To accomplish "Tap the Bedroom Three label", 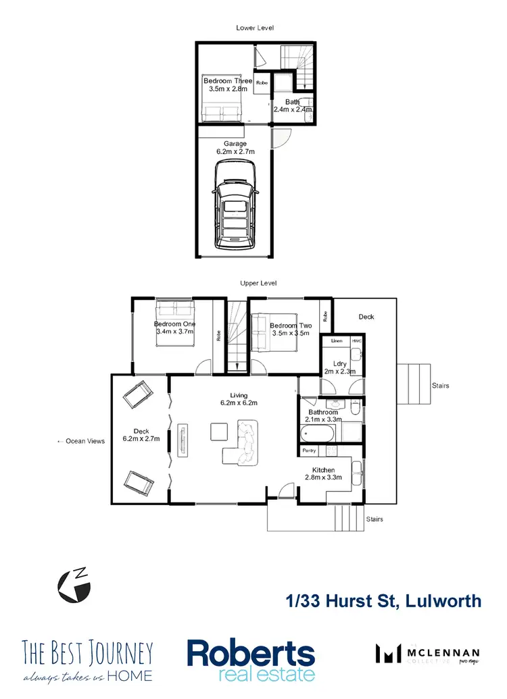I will pos(228,81).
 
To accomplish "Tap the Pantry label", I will pos(309,450).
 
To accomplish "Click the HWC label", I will pos(356,341).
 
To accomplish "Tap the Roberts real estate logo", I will pos(251,661).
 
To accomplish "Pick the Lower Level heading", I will pos(255,28).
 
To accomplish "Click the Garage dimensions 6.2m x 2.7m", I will pos(235,153).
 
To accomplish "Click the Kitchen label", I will pos(324,470).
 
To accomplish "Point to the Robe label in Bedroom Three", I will pos(262,82).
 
